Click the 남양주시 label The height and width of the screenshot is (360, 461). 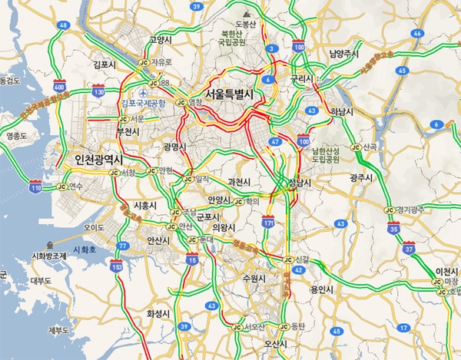pyautogui.click(x=343, y=54)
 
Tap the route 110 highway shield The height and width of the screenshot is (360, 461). pyautogui.click(x=35, y=187)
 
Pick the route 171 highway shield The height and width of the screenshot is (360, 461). pyautogui.click(x=268, y=222)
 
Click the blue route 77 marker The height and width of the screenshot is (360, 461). pyautogui.click(x=122, y=246)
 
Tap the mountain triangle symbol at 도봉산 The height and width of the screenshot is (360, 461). pyautogui.click(x=246, y=14)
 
